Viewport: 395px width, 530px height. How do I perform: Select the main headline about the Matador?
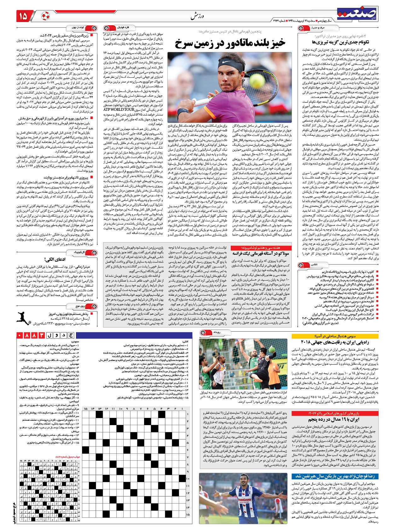click(230, 43)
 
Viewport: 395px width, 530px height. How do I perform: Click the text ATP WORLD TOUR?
click(118, 110)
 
